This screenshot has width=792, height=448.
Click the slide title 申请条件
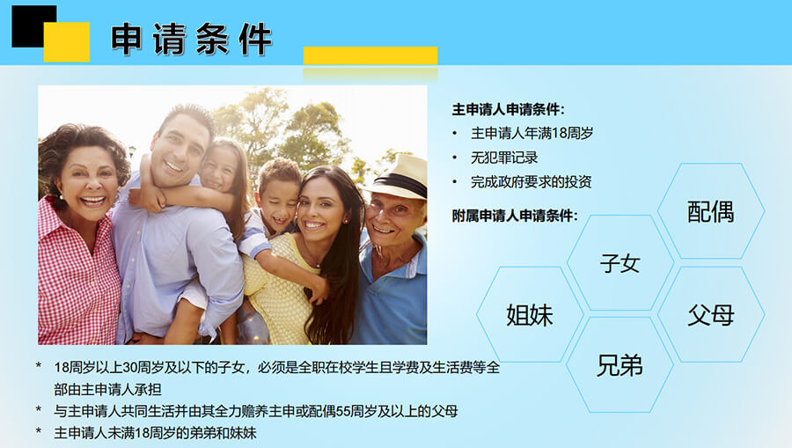tap(192, 39)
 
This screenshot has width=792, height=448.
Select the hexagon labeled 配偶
tap(711, 211)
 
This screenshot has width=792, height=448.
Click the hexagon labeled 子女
tap(620, 262)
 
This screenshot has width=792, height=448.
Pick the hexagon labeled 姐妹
tap(530, 315)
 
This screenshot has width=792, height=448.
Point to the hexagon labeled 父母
tap(711, 315)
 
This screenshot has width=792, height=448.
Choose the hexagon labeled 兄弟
tap(620, 365)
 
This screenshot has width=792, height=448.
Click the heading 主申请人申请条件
tap(508, 110)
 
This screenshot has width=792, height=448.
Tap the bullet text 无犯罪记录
tap(504, 158)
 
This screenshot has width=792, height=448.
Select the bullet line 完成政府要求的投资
tap(531, 182)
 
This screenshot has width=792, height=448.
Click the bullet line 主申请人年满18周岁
tap(532, 133)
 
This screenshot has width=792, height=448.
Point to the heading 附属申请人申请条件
tap(515, 216)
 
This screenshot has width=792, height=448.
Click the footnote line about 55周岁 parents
tap(255, 411)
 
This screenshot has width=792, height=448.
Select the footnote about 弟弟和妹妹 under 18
tap(155, 433)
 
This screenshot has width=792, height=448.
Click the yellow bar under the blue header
tap(370, 55)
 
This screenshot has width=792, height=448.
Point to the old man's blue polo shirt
tap(392, 293)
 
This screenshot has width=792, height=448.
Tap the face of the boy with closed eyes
tap(277, 202)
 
